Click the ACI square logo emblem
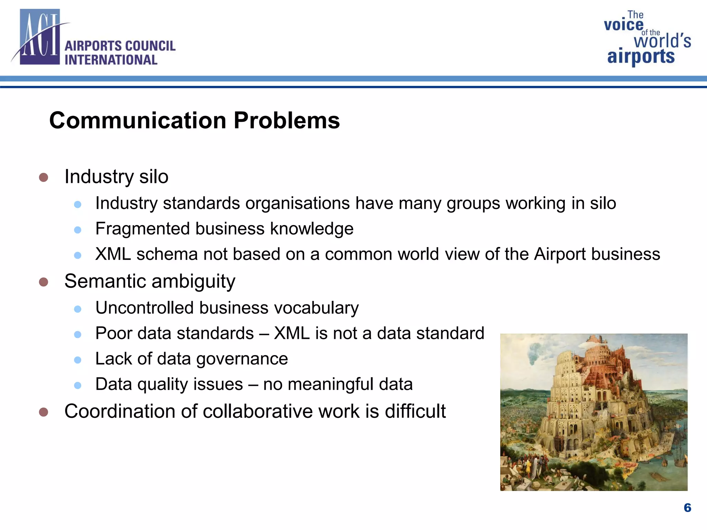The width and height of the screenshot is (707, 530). tap(40, 37)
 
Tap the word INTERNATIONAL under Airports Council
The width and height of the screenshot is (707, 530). tap(111, 60)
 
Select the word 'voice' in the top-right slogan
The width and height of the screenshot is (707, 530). tap(623, 25)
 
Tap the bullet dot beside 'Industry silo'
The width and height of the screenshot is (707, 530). tap(43, 177)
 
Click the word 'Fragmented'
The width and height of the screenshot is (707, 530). tap(143, 228)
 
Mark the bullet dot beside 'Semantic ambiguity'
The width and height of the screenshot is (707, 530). tap(43, 282)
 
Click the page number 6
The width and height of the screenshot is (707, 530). tap(687, 508)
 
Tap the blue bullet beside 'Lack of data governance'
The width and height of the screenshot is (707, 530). tap(78, 360)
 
